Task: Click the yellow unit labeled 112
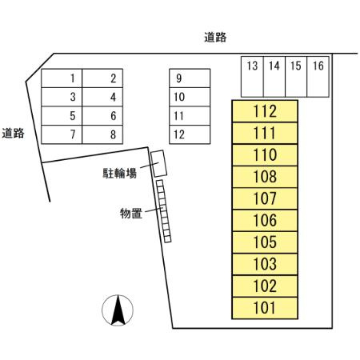(x=264, y=111)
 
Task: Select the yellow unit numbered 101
(x=264, y=307)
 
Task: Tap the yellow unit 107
(x=264, y=198)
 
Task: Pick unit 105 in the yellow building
(x=264, y=242)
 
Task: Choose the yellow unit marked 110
(x=264, y=155)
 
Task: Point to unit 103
(x=264, y=264)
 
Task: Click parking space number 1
(x=72, y=78)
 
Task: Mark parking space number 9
(x=189, y=78)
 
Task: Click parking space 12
(x=189, y=134)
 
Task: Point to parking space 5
(x=72, y=116)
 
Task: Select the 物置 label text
(x=131, y=213)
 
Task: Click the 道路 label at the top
(x=215, y=37)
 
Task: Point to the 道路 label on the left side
(x=13, y=134)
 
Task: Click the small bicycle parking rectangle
(x=158, y=163)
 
